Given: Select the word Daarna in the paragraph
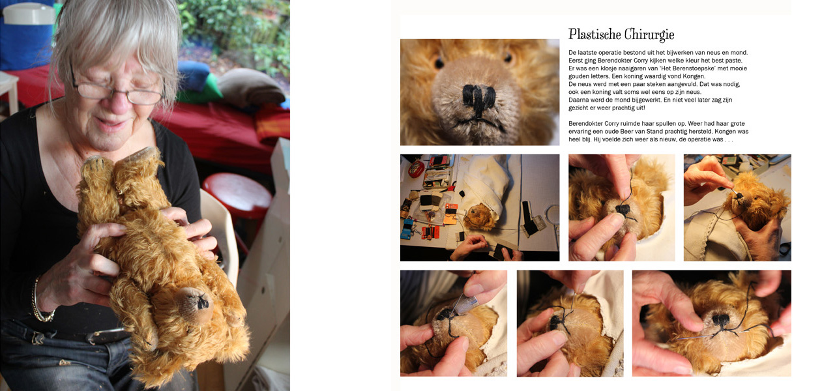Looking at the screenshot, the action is coord(578,100).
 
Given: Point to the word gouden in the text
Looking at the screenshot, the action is coord(578,77).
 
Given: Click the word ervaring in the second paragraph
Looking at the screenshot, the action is coord(580,132).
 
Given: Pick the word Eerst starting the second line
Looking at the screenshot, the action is coord(576,61).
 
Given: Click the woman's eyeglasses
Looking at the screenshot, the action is coord(117,91).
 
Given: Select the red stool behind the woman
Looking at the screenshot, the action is coord(237,194).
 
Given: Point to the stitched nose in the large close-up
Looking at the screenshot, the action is coord(478,98).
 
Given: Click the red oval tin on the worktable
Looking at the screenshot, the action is coord(416,169).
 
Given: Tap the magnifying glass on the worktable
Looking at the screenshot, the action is coord(552,214).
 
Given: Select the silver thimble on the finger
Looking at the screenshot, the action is coord(465,304).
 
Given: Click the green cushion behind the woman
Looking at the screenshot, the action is coord(200,90).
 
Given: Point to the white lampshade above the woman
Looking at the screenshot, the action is coord(29,13).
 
